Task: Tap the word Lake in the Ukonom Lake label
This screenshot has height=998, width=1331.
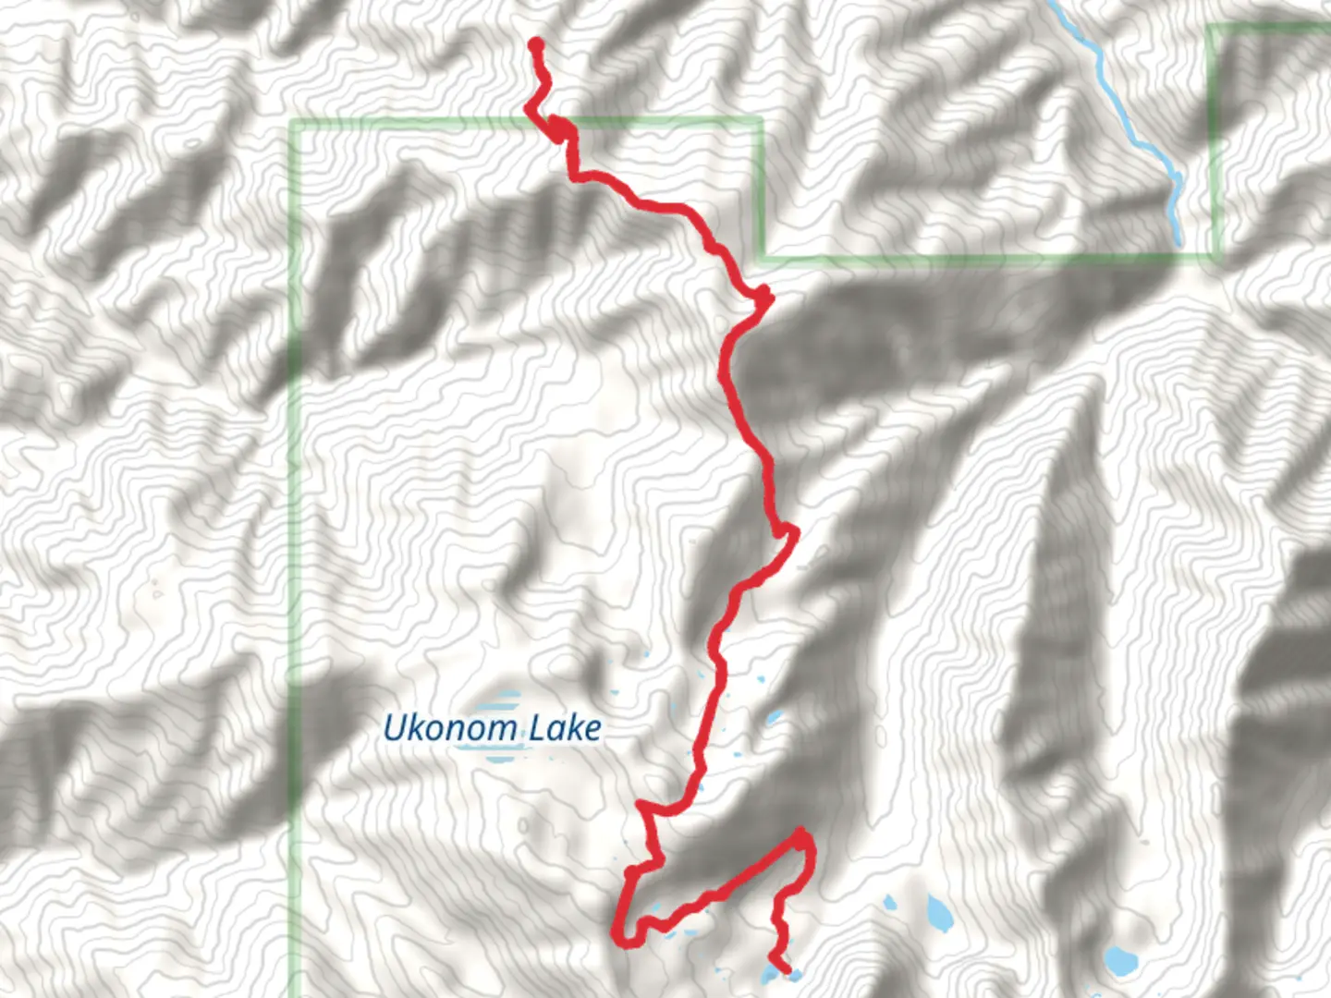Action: pyautogui.click(x=564, y=728)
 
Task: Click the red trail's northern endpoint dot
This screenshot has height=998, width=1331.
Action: pyautogui.click(x=535, y=43)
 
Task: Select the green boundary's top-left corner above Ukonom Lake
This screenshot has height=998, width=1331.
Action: pyautogui.click(x=295, y=123)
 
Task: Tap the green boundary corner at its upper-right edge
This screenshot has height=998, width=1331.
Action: pyautogui.click(x=1213, y=28)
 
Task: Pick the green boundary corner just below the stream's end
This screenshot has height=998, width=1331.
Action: pyautogui.click(x=1215, y=255)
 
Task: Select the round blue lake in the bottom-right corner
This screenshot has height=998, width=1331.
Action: pyautogui.click(x=1120, y=960)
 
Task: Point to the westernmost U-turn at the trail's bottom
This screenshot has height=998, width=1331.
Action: pyautogui.click(x=619, y=935)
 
